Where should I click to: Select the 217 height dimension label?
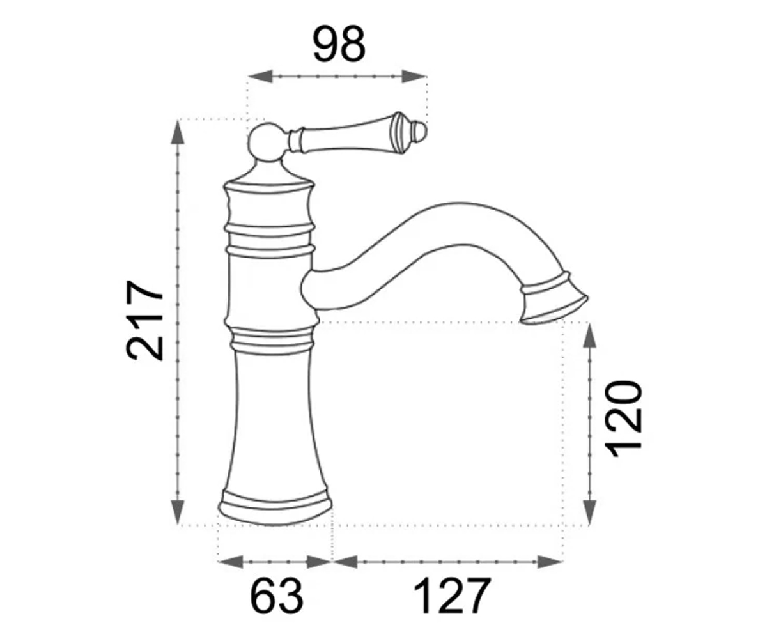click(x=144, y=320)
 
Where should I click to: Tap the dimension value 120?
click(x=624, y=419)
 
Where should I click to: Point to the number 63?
click(x=277, y=596)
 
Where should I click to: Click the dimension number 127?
click(x=452, y=596)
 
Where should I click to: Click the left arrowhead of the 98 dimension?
click(x=260, y=77)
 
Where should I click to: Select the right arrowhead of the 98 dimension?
click(x=414, y=77)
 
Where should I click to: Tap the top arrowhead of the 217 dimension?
click(x=178, y=132)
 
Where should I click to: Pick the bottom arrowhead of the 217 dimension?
click(x=178, y=512)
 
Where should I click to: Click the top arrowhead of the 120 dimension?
click(x=589, y=335)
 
